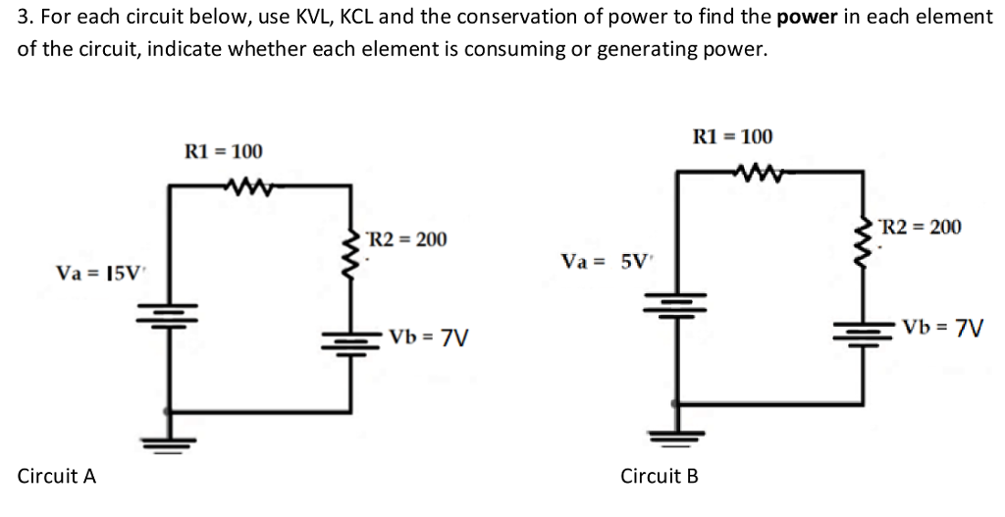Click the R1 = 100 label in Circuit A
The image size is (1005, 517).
pos(224,152)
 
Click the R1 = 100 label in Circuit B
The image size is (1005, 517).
pos(732,136)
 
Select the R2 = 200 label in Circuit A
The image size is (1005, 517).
pos(405,239)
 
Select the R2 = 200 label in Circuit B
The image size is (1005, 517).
pos(921,228)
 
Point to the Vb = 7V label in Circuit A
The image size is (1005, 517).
pos(428,338)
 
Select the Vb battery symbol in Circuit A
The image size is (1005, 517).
pos(354,341)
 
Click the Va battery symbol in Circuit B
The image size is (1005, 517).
pos(676,300)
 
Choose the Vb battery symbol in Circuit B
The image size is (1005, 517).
pos(864,329)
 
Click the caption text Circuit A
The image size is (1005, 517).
pos(57,477)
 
